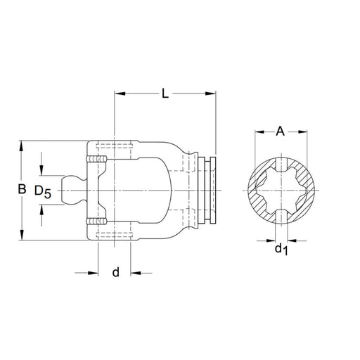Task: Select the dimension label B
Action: (x=22, y=189)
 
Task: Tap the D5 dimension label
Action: (x=43, y=191)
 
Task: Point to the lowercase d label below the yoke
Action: (x=115, y=271)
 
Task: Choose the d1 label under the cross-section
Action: (x=281, y=248)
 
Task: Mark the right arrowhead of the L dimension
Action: (x=211, y=91)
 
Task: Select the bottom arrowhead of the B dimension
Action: (x=22, y=238)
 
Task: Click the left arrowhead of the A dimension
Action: (x=258, y=131)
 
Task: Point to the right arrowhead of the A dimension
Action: (x=304, y=131)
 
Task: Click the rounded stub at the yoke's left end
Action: (x=71, y=191)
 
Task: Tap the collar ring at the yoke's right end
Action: (x=209, y=191)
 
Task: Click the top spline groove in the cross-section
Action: (x=281, y=167)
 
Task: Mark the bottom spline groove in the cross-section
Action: (x=281, y=215)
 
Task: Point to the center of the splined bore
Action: (x=281, y=191)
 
